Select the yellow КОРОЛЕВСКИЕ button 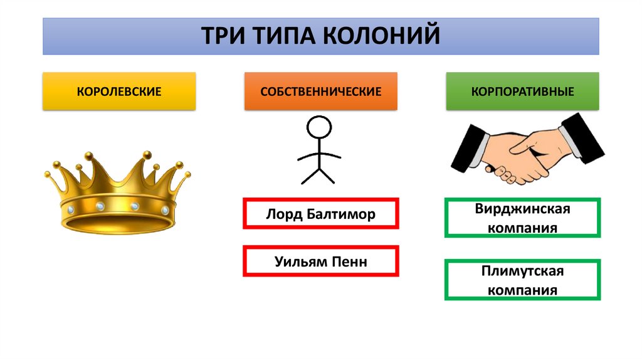(119, 92)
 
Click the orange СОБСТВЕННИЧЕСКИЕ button (321, 92)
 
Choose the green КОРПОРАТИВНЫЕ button (522, 92)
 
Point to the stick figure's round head (319, 129)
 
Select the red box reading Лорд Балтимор (320, 214)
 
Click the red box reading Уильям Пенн (320, 262)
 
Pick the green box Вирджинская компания (522, 218)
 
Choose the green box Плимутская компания (522, 280)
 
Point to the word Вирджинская (522, 209)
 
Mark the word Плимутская (522, 272)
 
